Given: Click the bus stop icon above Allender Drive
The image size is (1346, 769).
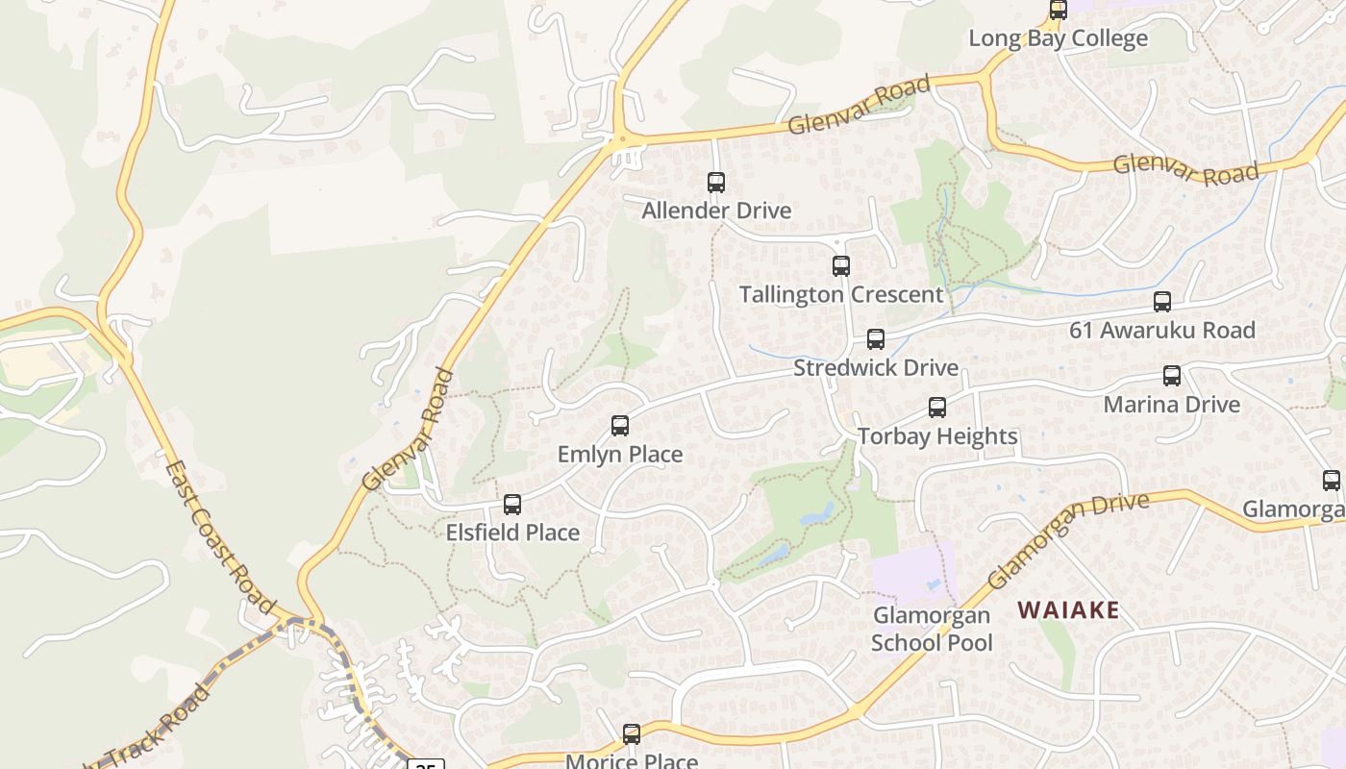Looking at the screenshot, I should tap(716, 182).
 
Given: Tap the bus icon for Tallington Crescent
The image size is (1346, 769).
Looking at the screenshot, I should tap(841, 265).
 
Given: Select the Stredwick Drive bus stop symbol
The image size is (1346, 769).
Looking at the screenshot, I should tap(876, 338).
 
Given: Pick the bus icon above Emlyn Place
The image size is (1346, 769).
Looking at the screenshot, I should tap(620, 425).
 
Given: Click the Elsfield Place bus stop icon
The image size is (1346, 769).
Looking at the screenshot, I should tap(512, 504).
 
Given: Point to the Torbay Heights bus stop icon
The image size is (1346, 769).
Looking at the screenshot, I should tap(937, 407).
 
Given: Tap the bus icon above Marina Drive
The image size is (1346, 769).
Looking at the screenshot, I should tap(1171, 375).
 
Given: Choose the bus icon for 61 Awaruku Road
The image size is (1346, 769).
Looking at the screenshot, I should tap(1162, 301).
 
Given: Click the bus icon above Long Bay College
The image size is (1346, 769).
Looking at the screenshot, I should tap(1059, 10).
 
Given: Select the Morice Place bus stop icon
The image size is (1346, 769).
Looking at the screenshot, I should tap(632, 733).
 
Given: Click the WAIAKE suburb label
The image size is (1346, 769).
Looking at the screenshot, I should tap(1068, 609).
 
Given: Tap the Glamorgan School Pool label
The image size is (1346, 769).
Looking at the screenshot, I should tap(932, 629).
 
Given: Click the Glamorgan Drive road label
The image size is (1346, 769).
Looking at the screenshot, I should tap(1067, 539).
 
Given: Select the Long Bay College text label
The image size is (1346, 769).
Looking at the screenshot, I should tap(1058, 38).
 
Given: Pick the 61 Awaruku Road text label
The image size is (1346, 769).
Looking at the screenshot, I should tap(1162, 330).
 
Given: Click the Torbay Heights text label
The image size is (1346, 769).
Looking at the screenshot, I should tap(937, 436).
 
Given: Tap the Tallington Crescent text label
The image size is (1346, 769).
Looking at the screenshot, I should tap(841, 294).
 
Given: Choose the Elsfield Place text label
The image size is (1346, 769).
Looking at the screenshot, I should tap(512, 533).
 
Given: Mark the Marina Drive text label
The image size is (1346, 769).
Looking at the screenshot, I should tap(1171, 404).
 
